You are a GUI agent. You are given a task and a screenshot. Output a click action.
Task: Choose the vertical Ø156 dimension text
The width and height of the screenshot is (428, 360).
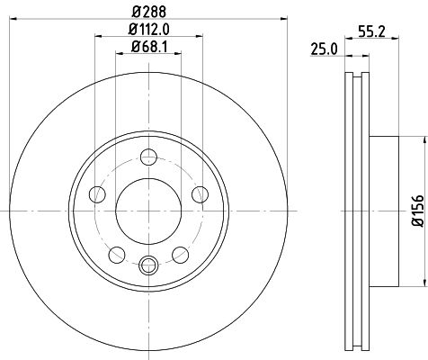point(416,208)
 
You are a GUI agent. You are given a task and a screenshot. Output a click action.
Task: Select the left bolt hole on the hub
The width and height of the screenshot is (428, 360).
point(98,192)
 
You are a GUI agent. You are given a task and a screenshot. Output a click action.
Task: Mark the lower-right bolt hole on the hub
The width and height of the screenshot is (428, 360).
point(180,251)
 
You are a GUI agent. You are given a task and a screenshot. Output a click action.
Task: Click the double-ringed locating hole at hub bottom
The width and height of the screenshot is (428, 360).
point(149,264)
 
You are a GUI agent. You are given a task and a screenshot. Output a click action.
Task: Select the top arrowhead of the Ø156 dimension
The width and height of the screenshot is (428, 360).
point(421,138)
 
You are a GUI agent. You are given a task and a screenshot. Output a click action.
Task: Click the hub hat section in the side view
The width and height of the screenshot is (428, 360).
point(382,208)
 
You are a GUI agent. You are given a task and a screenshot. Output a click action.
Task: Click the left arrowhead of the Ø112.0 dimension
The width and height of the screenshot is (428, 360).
point(96,39)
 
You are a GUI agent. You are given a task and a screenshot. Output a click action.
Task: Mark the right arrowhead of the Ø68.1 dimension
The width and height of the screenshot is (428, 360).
point(178,55)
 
